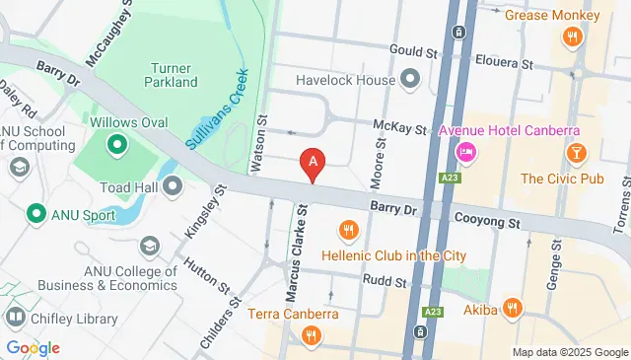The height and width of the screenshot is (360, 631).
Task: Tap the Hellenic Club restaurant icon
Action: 348,231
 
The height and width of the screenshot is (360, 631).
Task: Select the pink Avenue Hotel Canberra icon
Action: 465,152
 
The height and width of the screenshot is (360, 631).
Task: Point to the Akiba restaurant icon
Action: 512,309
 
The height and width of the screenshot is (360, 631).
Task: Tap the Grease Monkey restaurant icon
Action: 571,37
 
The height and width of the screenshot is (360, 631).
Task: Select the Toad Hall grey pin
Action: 174,185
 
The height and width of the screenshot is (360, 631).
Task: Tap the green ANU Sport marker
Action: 36,212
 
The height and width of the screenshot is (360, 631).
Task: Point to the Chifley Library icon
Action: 15,318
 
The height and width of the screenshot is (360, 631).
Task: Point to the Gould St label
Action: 412,50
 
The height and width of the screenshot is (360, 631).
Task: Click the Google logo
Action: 33,347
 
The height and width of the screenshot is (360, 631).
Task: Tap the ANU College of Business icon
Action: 150,245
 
